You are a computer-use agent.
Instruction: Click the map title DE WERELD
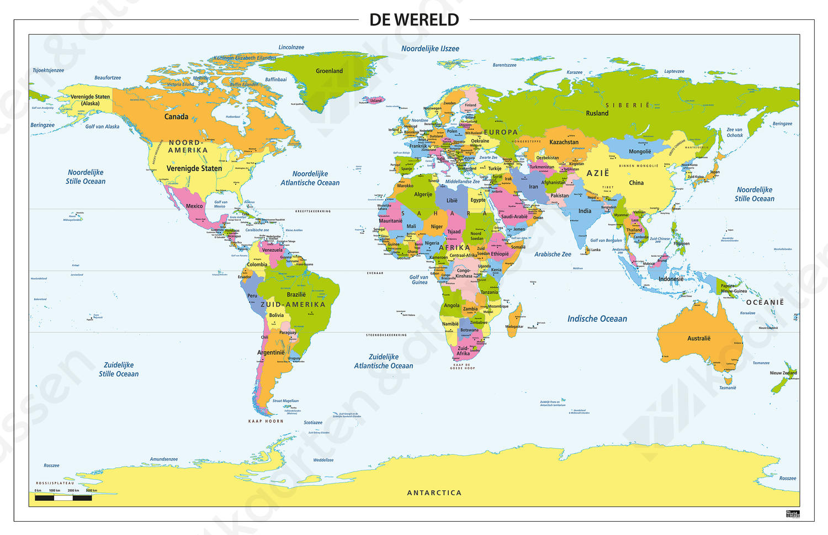[x=414, y=20]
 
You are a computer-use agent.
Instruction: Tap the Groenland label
[x=329, y=71]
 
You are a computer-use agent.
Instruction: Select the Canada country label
[x=176, y=117]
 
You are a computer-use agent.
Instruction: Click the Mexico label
[x=194, y=206]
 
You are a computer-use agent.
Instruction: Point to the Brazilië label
[x=296, y=295]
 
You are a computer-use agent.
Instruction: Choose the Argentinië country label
[x=271, y=353]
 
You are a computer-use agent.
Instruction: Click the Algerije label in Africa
[x=423, y=194]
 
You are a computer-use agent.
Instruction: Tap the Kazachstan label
[x=564, y=142]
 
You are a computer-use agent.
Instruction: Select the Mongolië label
[x=640, y=152]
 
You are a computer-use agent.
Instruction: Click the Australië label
[x=699, y=338]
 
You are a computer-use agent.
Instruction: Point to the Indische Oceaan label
[x=597, y=319]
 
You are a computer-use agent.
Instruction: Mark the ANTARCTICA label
[x=434, y=493]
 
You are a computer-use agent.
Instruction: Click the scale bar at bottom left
[x=63, y=497]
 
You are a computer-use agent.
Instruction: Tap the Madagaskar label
[x=514, y=327]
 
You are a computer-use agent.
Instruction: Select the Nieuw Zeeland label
[x=783, y=373]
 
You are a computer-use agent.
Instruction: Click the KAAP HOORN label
[x=266, y=421]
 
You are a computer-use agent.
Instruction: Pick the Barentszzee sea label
[x=505, y=65]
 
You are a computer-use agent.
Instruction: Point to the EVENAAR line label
[x=375, y=273]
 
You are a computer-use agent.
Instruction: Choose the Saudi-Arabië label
[x=514, y=217]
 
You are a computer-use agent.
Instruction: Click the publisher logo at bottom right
[x=792, y=513]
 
